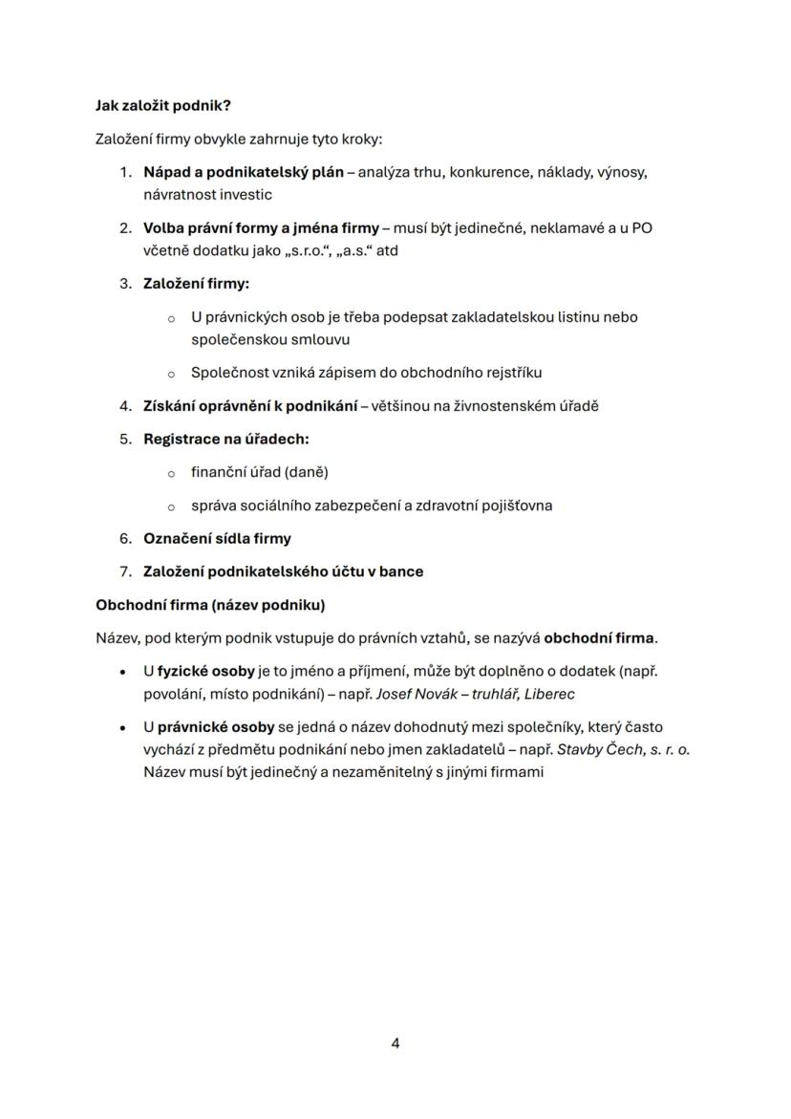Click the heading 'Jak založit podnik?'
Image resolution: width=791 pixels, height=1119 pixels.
(163, 106)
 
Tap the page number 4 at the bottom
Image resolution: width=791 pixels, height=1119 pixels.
(395, 1044)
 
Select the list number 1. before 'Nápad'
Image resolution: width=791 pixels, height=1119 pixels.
(125, 173)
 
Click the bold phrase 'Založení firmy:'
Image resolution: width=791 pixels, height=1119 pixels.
(196, 284)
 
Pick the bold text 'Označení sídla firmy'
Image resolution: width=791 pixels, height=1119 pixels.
(217, 539)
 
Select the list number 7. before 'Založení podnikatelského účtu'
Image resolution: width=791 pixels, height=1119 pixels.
(125, 571)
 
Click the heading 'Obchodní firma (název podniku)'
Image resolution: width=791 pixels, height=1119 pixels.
(210, 605)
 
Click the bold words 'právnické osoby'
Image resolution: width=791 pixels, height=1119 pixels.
(208, 727)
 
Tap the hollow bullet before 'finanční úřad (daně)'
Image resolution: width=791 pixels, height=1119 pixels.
(171, 473)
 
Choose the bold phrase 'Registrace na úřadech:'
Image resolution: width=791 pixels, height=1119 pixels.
(226, 440)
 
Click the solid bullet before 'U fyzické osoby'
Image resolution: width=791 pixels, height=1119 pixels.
(124, 672)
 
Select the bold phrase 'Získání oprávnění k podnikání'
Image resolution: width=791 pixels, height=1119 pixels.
(249, 406)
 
